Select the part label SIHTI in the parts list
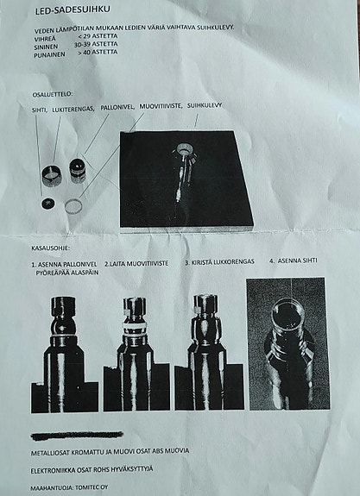tap(40, 109)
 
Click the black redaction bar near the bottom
tap(78, 435)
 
